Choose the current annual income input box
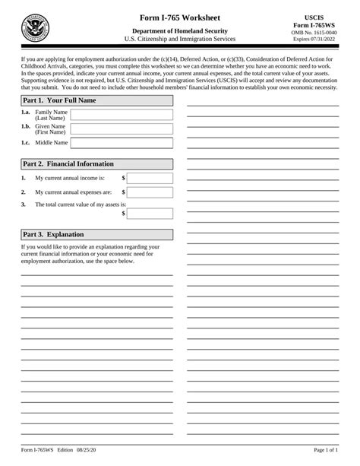(150, 179)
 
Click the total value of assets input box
(150, 214)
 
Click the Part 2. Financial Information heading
(68, 163)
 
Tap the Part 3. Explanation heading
(53, 234)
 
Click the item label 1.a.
(27, 112)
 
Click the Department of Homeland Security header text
(180, 29)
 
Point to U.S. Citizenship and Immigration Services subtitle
(180, 38)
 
